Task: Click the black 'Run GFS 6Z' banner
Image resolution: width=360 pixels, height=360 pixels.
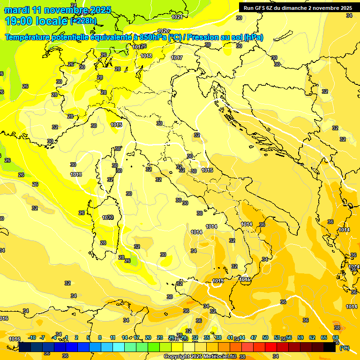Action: coord(298,8)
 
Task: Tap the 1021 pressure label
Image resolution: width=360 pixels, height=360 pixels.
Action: coord(177,17)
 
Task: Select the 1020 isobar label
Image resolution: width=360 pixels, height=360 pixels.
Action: coord(163,31)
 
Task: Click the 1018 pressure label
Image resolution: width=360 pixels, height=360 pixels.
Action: coord(146,56)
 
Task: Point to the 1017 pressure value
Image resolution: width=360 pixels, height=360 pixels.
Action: coord(177,58)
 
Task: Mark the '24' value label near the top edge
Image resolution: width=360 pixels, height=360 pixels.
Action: coord(73,5)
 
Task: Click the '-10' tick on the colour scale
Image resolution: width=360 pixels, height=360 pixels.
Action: coord(32,337)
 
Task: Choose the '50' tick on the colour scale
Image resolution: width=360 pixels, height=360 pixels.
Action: coord(265,337)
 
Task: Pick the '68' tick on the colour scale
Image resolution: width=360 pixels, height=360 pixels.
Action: coord(336,337)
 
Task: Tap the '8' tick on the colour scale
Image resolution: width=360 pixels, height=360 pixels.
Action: coord(100,337)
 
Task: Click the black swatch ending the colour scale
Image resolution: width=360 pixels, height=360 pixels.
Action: coord(330,347)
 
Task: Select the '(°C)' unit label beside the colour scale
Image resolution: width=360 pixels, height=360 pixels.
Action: coord(344,348)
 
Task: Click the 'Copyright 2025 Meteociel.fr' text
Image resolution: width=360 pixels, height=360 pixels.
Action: coord(200,356)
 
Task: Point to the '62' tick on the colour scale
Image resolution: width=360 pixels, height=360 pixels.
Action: coord(312,337)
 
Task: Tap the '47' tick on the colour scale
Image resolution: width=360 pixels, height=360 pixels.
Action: coord(254,337)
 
